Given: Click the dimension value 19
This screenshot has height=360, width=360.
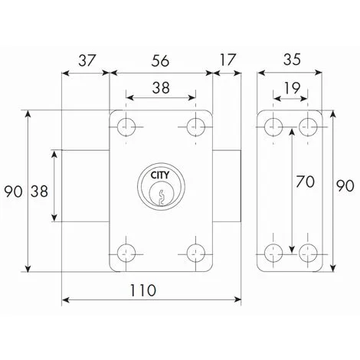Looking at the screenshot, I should coord(292,89).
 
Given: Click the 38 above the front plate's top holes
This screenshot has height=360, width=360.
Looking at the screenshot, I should coord(160,88).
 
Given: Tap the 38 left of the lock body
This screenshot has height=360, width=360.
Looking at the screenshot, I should coord(38,188).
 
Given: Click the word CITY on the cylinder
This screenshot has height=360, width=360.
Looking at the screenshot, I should coord(160,176).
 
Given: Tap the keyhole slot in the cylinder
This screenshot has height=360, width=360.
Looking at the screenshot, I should coord(160,198).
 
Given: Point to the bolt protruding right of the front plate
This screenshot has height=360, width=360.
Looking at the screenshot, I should coord(227,185).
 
